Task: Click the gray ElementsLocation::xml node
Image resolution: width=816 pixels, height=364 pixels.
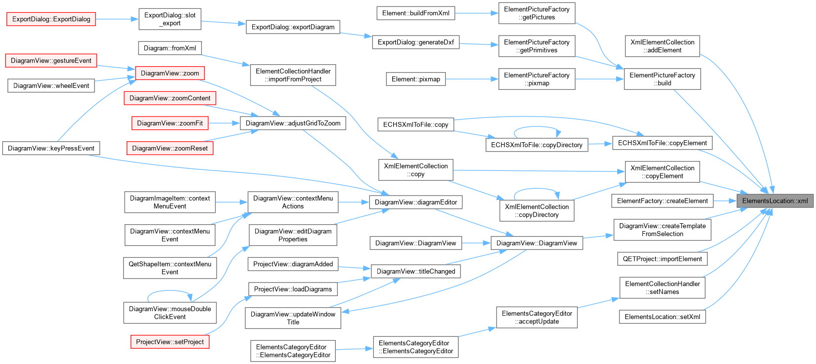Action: [775, 201]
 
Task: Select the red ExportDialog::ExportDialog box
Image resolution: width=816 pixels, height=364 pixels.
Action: [51, 19]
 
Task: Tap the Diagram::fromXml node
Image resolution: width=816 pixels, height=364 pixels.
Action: [170, 48]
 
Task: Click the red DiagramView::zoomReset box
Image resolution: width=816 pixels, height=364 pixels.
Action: [170, 148]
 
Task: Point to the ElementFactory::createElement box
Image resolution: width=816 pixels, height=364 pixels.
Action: [662, 201]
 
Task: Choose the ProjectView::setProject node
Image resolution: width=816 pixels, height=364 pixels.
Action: [170, 342]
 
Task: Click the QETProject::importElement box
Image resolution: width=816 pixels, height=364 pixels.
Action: [662, 259]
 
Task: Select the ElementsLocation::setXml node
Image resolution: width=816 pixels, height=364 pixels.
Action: [662, 317]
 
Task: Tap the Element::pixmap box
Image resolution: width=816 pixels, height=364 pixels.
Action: [415, 79]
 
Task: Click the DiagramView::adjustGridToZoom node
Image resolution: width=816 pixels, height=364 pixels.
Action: [293, 123]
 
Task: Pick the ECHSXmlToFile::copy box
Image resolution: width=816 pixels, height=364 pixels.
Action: [415, 124]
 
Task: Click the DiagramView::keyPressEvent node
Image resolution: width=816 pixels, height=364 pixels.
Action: [51, 148]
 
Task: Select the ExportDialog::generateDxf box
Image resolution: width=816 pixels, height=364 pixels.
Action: [415, 42]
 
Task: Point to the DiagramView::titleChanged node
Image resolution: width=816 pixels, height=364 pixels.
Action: [415, 271]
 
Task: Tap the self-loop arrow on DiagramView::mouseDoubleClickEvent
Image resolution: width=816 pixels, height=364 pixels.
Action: [170, 291]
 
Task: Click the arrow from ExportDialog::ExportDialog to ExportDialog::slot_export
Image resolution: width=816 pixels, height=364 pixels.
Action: [117, 19]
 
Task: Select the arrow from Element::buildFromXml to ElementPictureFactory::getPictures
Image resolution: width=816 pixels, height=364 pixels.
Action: [476, 13]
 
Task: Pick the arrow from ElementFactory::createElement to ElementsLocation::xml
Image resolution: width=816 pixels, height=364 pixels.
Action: [725, 201]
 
